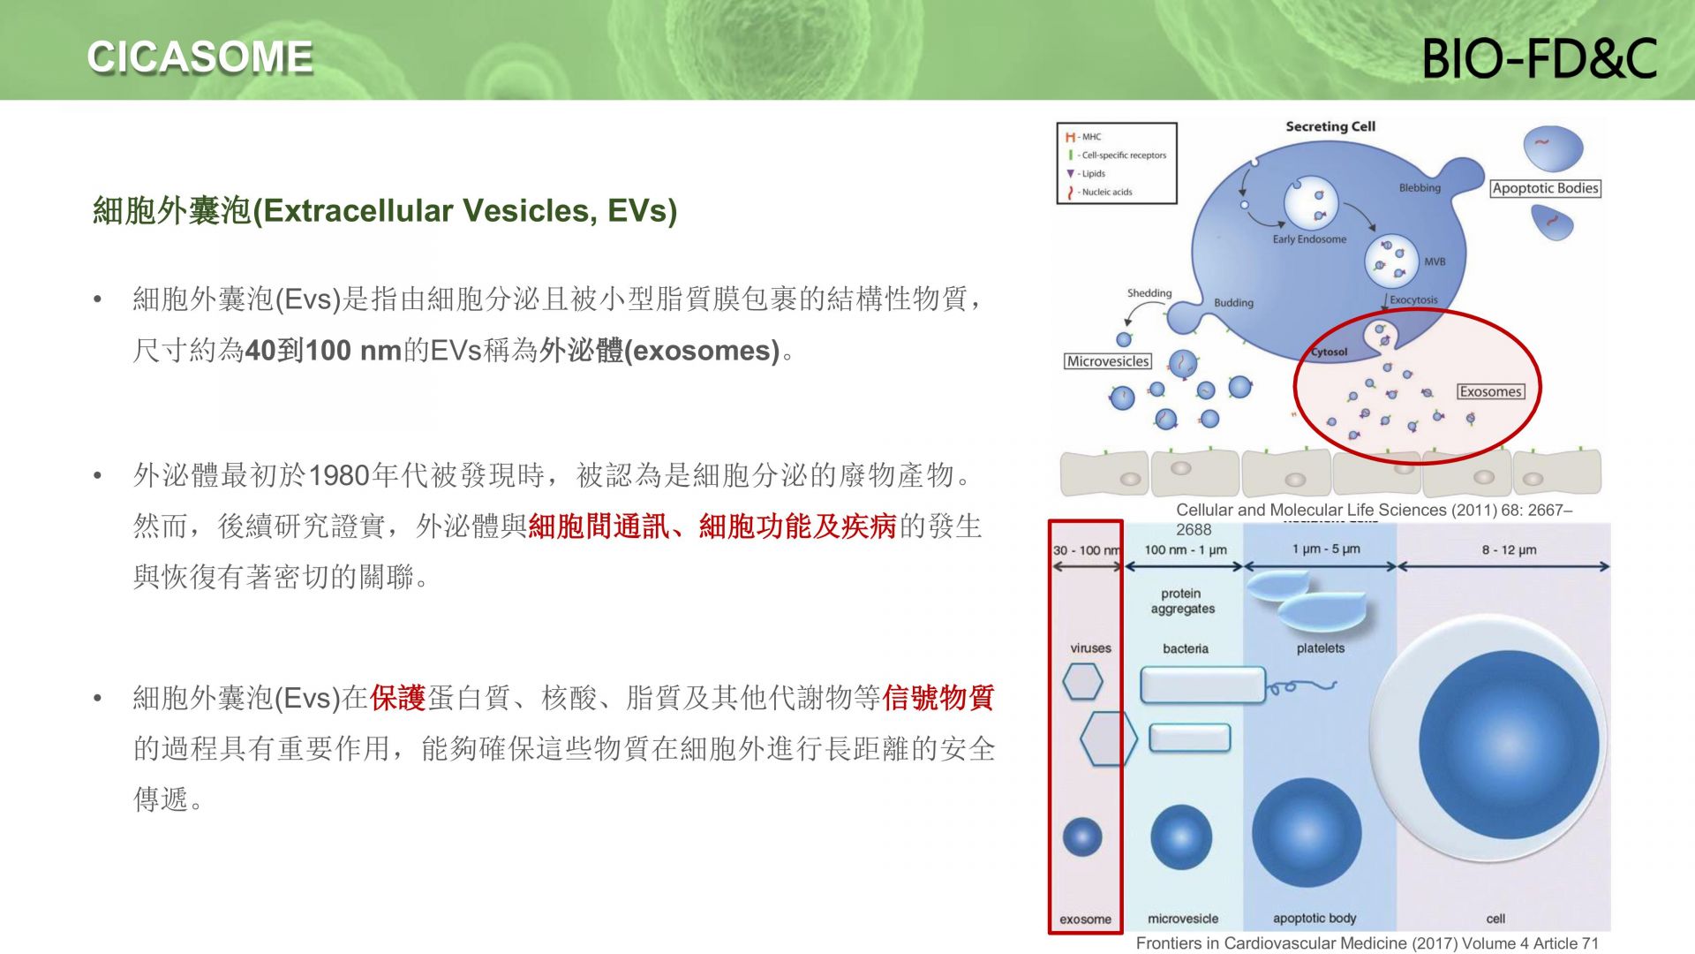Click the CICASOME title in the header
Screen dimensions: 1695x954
pyautogui.click(x=200, y=57)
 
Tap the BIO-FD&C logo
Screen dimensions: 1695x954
pyautogui.click(x=1540, y=58)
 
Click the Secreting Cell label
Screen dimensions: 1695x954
pyautogui.click(x=1330, y=126)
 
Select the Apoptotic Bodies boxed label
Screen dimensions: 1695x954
pyautogui.click(x=1545, y=188)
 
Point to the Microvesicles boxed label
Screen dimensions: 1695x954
pyautogui.click(x=1108, y=361)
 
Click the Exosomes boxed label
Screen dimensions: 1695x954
pyautogui.click(x=1490, y=391)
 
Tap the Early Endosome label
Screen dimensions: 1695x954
pyautogui.click(x=1309, y=239)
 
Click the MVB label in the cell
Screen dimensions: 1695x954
pyautogui.click(x=1435, y=261)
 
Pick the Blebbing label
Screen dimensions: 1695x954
pyautogui.click(x=1420, y=188)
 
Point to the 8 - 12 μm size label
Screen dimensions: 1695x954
pyautogui.click(x=1509, y=550)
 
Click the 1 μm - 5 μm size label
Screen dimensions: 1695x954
pyautogui.click(x=1326, y=549)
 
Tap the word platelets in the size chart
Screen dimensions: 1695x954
pyautogui.click(x=1321, y=648)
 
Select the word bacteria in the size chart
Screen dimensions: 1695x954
pyautogui.click(x=1186, y=648)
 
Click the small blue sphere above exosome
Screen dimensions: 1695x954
pyautogui.click(x=1082, y=837)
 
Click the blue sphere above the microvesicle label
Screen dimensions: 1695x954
pyautogui.click(x=1181, y=837)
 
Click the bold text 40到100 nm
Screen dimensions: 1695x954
pyautogui.click(x=323, y=351)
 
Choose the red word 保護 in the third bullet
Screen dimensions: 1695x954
pyautogui.click(x=398, y=698)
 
